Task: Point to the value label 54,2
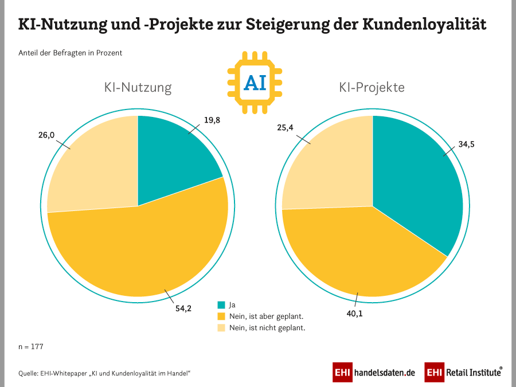183,308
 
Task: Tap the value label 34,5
466,144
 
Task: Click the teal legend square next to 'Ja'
221,304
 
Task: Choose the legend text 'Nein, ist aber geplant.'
266,316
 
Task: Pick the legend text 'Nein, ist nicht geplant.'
267,328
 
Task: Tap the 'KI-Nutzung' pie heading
138,88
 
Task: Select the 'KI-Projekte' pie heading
372,88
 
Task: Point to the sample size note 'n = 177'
31,347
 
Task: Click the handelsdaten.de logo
374,372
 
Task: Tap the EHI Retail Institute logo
464,372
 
